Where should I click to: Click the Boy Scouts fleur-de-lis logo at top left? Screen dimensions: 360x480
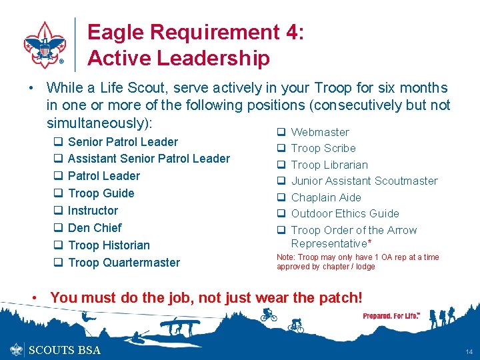coord(45,45)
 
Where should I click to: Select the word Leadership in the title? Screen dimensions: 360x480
coord(214,59)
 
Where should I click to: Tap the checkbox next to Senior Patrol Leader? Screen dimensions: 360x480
coord(57,142)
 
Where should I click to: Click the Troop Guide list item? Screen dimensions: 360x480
coord(101,193)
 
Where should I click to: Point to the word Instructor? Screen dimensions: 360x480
coord(93,211)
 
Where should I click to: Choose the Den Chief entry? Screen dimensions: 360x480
coord(95,228)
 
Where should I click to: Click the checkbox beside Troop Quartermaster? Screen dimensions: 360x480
coord(57,263)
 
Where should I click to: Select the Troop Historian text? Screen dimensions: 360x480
coord(109,245)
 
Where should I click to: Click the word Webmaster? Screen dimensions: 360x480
coord(320,132)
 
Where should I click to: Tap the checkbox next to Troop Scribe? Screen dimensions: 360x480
coord(281,148)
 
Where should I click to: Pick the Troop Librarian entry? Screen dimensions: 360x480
coord(329,165)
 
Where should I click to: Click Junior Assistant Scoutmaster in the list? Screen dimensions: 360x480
coord(364,181)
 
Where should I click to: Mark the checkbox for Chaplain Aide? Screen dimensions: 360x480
coord(281,197)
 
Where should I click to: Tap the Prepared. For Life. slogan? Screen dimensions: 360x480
coord(391,315)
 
